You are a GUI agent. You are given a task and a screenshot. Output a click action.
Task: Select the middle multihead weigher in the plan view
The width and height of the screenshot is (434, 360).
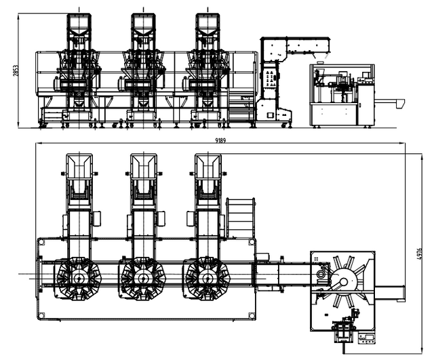point(142,277)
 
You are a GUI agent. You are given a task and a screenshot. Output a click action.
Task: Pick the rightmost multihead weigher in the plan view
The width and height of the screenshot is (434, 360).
point(208,277)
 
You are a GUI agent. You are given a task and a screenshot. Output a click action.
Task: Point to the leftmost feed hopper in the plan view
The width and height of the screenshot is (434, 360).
point(79,169)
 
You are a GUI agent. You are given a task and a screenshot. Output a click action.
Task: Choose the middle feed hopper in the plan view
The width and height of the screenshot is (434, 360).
point(143,169)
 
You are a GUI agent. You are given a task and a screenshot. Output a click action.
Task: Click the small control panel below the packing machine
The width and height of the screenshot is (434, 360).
point(370,336)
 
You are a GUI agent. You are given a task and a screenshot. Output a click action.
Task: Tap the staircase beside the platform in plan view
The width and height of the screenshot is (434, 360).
point(241,218)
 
